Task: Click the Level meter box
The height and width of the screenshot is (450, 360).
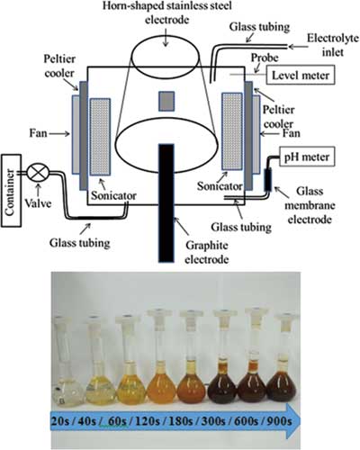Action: (x=301, y=75)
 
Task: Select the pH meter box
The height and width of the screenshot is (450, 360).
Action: (x=307, y=157)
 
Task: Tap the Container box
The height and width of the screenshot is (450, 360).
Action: (x=11, y=191)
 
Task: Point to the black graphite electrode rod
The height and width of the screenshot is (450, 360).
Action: (x=166, y=203)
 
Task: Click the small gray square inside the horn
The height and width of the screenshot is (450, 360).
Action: (x=166, y=101)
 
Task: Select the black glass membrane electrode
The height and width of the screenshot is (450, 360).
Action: (x=267, y=180)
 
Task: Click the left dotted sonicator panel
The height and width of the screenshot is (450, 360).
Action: (x=100, y=137)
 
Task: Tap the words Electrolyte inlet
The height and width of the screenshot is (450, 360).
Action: (x=333, y=45)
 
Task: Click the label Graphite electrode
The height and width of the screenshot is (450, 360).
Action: (x=207, y=252)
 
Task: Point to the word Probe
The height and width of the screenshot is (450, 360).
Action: (x=265, y=58)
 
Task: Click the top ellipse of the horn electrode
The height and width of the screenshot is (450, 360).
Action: (x=166, y=57)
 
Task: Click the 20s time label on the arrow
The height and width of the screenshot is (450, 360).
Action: (x=60, y=421)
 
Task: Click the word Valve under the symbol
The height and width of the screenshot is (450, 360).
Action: (x=38, y=203)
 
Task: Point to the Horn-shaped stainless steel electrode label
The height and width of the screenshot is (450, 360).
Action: (x=167, y=13)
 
